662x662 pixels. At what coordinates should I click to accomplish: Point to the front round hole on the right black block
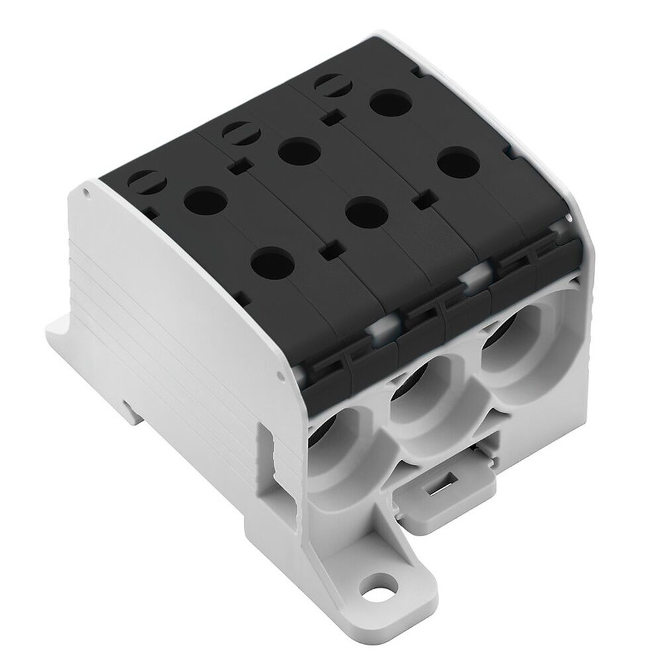pyautogui.click(x=458, y=161)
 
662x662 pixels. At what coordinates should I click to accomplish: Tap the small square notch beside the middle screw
pyautogui.click(x=240, y=164)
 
